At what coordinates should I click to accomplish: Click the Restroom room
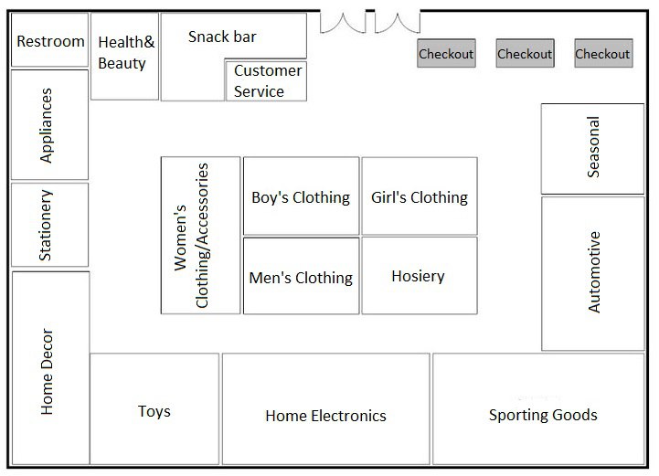[x=50, y=41]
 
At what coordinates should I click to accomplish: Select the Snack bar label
[x=222, y=37]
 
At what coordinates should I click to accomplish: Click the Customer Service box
[x=266, y=81]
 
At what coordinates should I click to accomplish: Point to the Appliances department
[x=48, y=125]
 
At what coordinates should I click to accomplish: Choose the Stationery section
[x=48, y=225]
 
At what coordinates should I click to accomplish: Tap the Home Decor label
[x=49, y=371]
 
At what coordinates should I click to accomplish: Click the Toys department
[x=154, y=411]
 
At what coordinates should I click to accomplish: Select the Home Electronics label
[x=325, y=416]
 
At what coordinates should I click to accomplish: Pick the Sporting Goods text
[x=543, y=415]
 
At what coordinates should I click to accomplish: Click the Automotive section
[x=593, y=272]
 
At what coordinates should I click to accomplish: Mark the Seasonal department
[x=593, y=148]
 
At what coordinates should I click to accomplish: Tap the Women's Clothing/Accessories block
[x=200, y=236]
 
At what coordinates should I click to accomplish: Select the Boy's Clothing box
[x=301, y=196]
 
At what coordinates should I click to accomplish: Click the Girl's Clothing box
[x=420, y=196]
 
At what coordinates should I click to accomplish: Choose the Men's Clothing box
[x=301, y=277]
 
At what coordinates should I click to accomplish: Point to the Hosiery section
[x=419, y=276]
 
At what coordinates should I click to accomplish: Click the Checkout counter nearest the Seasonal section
[x=602, y=54]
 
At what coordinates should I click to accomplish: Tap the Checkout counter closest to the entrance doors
[x=446, y=54]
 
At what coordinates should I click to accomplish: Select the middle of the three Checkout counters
[x=525, y=54]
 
